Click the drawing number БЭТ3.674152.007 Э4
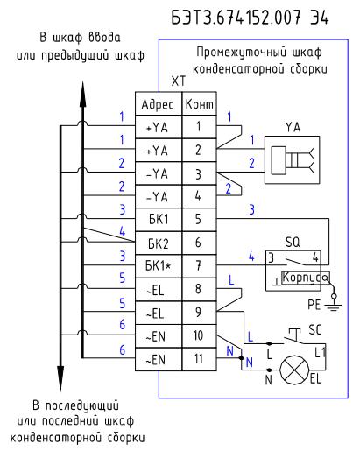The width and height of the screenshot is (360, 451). point(250,18)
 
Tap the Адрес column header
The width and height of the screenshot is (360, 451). point(158,104)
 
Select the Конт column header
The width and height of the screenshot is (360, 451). point(200,104)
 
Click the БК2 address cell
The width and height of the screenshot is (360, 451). point(159,243)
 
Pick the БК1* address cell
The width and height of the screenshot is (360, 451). point(158,266)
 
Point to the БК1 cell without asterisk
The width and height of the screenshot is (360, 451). point(159,219)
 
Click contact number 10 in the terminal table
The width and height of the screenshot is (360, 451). point(198,335)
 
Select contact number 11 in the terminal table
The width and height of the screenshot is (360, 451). point(199,359)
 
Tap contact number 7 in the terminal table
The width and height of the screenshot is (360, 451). point(198,265)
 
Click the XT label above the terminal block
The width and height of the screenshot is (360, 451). point(178,81)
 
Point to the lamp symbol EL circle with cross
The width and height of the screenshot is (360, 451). point(294,370)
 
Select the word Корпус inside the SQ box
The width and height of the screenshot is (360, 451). point(302,278)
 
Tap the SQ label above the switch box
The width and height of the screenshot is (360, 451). point(293,242)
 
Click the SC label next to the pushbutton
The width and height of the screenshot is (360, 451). point(315,330)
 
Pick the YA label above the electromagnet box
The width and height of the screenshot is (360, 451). point(293,128)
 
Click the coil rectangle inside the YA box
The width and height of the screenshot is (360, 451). point(279,160)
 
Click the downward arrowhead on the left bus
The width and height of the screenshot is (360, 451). point(60,377)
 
